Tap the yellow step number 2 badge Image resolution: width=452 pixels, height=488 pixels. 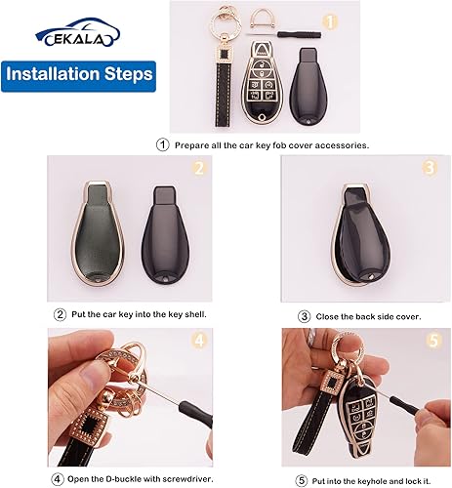tap(199, 167)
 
